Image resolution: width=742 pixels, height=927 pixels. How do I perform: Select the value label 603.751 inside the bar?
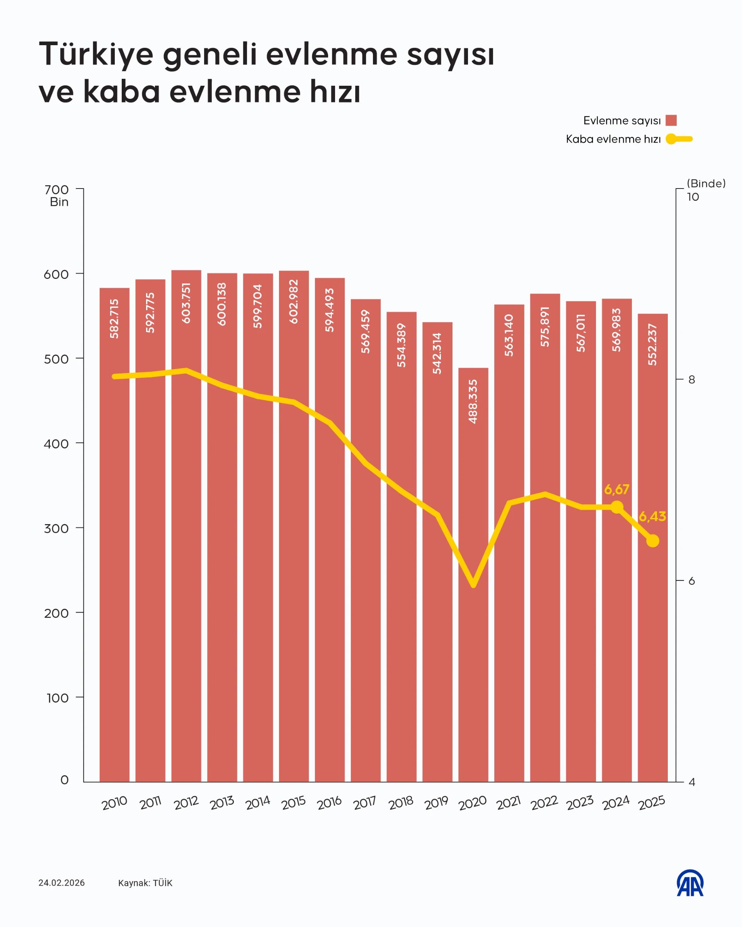pos(186,303)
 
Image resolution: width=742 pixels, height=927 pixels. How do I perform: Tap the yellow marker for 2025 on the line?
pos(652,540)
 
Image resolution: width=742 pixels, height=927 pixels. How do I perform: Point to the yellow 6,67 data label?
pos(616,489)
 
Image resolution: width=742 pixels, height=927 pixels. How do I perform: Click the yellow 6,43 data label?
pos(652,516)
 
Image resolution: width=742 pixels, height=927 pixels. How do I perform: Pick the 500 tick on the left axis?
pos(56,359)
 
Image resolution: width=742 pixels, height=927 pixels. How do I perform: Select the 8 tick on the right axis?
pos(692,379)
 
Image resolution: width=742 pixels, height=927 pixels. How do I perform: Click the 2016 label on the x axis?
pos(329,802)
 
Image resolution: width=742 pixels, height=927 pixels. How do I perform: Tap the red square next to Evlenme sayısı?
pos(671,121)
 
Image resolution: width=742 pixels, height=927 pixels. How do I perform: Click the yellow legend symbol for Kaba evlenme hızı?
pos(679,139)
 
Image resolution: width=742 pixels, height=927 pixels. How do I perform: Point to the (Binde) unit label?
pos(706,183)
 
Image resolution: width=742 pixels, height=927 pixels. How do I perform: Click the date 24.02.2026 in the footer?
pos(61,883)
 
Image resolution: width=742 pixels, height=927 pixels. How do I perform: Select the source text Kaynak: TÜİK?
pos(145,883)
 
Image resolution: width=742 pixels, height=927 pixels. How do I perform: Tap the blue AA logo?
pos(690,883)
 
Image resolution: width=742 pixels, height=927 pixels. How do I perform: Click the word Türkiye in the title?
pos(96,54)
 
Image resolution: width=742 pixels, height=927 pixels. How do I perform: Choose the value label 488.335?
pos(473,401)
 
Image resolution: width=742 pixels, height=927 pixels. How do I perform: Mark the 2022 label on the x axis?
pos(544,802)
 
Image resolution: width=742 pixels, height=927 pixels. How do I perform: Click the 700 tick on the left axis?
pos(56,190)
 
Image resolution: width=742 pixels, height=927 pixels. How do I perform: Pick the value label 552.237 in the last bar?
pos(652,345)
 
